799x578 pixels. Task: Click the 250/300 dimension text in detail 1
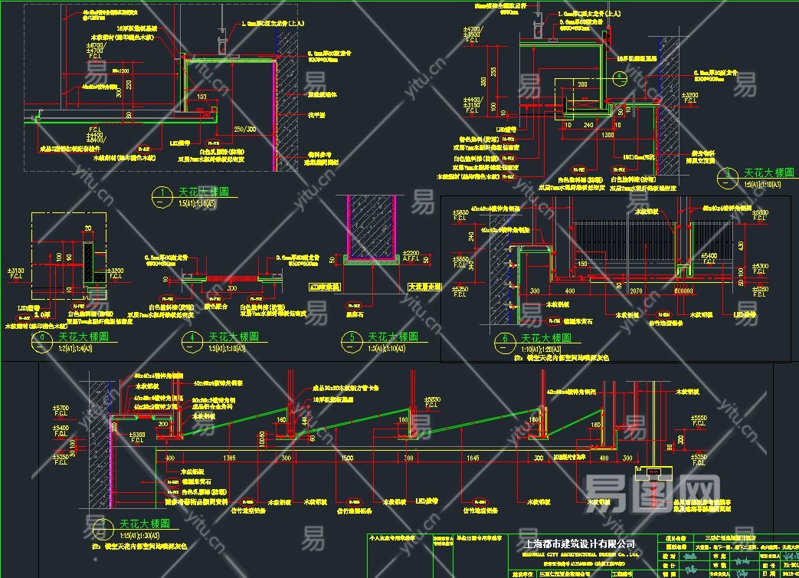[245, 128]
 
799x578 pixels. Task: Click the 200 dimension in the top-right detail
[582, 84]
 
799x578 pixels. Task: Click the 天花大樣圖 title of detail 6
[545, 337]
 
